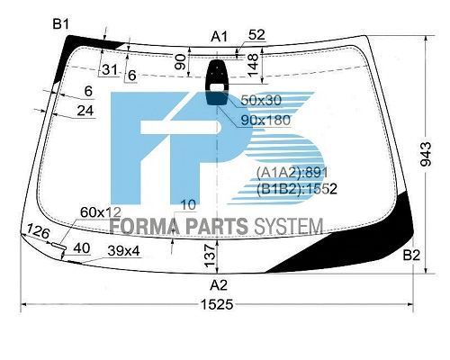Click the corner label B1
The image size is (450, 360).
coord(61,24)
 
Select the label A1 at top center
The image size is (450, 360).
coord(219,37)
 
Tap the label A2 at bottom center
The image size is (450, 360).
coord(219,285)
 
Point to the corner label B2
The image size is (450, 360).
coord(411,256)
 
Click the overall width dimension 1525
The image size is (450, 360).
coord(217,305)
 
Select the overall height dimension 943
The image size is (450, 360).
coord(426,154)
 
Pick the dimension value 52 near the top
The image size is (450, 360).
coord(256,35)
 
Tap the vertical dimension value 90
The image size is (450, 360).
coord(181,62)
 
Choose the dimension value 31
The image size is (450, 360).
coord(110,70)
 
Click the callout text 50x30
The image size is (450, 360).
coord(261,100)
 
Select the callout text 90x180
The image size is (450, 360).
coord(265,120)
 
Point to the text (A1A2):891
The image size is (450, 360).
coord(292,172)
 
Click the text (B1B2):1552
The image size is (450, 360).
coord(297,189)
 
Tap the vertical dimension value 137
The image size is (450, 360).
coord(210,256)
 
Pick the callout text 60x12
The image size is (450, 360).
coord(101,212)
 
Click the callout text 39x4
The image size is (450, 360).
coord(123,251)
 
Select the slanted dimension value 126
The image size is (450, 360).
coord(38,231)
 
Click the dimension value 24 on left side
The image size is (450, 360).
coord(85,111)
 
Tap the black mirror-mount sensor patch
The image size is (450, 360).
coord(217,83)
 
